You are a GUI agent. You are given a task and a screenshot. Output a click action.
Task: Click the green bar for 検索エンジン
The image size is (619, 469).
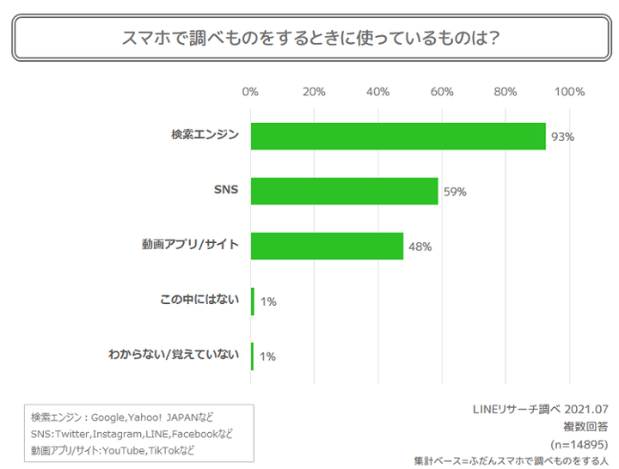[398, 137]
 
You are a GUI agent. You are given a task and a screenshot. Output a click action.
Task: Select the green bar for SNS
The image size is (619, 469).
[344, 191]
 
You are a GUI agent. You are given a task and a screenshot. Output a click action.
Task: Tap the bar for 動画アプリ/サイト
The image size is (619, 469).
[327, 246]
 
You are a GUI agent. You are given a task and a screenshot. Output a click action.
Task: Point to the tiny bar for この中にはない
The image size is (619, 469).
[253, 301]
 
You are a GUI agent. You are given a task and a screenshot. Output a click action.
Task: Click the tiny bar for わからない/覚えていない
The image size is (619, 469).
[253, 356]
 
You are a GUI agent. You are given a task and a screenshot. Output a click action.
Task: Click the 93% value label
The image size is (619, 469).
[562, 137]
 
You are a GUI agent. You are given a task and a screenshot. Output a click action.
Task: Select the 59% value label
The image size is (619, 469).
[455, 192]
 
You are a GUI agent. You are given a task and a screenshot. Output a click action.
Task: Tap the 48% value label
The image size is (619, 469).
[420, 247]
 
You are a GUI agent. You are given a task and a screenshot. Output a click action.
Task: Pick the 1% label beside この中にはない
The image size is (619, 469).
[267, 301]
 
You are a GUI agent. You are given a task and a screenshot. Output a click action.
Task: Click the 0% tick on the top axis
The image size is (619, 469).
[250, 92]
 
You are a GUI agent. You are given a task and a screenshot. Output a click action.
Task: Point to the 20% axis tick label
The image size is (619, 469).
[314, 92]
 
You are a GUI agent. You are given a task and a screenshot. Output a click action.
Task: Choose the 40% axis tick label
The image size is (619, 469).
[378, 92]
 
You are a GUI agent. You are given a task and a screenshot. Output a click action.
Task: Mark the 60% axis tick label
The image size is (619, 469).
[442, 92]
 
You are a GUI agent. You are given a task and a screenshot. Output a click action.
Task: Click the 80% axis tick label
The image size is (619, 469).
[506, 92]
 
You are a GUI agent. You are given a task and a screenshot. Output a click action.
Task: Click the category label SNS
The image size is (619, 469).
[226, 191]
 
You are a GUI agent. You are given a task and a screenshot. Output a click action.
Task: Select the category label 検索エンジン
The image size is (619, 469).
[205, 136]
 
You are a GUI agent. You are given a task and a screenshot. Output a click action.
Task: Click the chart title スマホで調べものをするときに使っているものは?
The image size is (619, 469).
[311, 38]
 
